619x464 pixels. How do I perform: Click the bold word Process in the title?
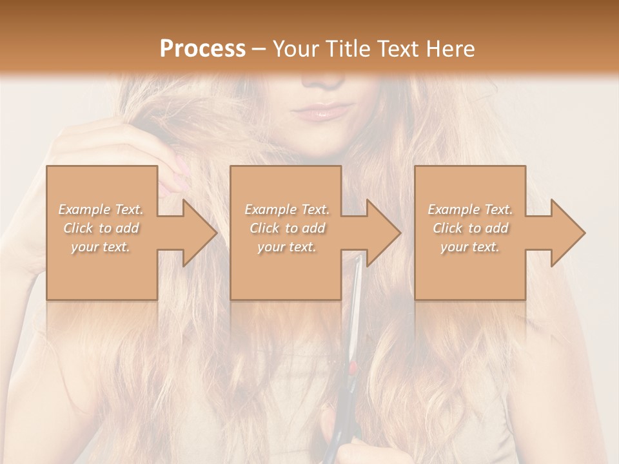202,48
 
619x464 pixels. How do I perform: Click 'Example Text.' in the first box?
101,209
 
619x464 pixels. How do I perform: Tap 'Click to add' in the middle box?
287,228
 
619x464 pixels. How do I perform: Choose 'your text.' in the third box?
469,247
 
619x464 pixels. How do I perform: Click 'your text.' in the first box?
101,247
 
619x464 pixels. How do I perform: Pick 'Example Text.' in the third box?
470,209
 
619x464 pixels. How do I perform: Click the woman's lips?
321,113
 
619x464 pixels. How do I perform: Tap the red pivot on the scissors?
353,368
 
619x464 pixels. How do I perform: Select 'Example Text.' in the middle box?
287,209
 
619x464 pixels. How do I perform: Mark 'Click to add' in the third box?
470,228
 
